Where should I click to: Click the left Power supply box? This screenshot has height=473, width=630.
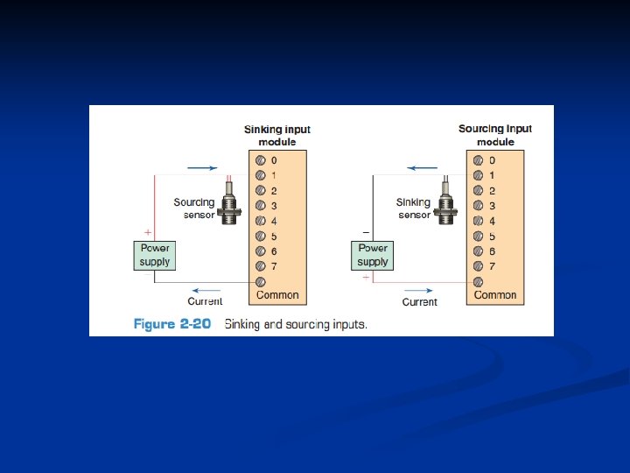[x=155, y=255]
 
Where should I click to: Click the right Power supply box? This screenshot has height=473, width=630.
[x=372, y=255]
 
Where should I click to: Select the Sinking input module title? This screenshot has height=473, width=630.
[x=276, y=135]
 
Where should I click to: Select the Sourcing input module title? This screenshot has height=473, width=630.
[x=495, y=135]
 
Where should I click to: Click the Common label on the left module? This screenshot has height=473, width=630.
[x=277, y=295]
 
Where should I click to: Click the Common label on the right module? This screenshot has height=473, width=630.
[x=495, y=295]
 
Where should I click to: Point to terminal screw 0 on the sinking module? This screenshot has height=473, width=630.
[x=260, y=161]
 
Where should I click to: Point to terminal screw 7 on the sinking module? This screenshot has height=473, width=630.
[x=260, y=265]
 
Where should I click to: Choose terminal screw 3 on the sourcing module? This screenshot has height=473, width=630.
[x=478, y=206]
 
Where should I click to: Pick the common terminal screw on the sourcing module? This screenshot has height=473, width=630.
[x=478, y=281]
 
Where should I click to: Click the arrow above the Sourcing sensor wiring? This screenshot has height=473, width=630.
[x=203, y=167]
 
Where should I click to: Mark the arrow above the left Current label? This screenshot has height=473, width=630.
[x=206, y=290]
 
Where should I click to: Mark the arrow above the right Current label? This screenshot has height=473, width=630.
[x=419, y=290]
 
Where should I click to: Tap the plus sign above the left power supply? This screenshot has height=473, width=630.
[x=147, y=233]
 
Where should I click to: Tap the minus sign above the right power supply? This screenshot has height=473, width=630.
[x=365, y=233]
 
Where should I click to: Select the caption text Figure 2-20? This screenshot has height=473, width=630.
[x=171, y=323]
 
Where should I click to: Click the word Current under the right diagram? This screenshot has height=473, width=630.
[x=419, y=302]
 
